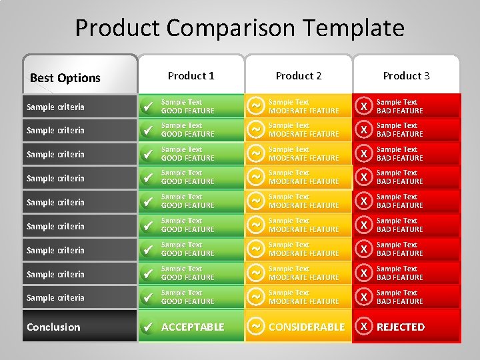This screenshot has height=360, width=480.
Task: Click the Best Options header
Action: pos(65,78)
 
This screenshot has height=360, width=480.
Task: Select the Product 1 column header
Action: pos(191,76)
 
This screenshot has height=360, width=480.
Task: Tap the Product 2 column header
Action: pos(299,76)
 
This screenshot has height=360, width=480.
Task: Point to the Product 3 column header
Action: pos(406,76)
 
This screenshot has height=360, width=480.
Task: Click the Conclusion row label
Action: pos(53,327)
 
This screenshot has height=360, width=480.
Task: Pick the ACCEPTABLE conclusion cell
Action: pos(193,327)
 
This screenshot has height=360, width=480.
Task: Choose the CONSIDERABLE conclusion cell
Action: pos(307,327)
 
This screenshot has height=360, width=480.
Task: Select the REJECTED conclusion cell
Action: pos(401,327)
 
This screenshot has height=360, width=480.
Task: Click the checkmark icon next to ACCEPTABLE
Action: pos(149,327)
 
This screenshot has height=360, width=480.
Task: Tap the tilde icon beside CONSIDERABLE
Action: pos(255,327)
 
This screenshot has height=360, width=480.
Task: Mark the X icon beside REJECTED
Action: pos(363,327)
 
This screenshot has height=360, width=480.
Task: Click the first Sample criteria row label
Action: pos(55,107)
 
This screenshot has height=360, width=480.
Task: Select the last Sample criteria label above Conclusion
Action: pos(55,297)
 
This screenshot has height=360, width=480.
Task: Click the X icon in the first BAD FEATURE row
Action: pos(363,106)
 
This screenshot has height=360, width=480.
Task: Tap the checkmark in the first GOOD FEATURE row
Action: pos(149,106)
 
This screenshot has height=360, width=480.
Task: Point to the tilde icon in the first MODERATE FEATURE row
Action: pos(255,105)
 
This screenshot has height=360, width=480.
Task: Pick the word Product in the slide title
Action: pos(117,29)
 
